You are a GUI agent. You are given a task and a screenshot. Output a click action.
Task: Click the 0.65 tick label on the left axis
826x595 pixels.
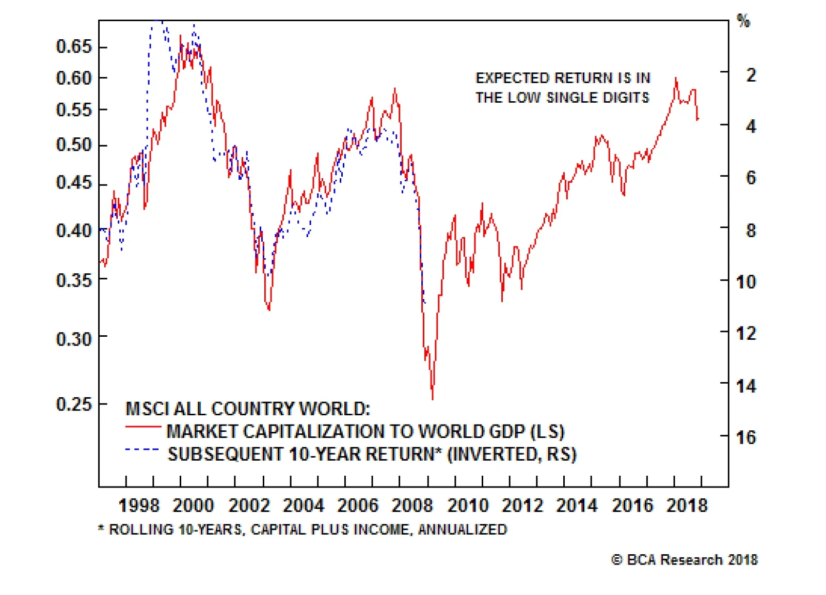(x=73, y=46)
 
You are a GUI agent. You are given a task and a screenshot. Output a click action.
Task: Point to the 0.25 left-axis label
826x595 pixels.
(x=73, y=404)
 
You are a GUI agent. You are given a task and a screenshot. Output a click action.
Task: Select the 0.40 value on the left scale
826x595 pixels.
(x=73, y=230)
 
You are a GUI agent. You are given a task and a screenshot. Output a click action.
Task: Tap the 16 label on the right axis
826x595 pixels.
(x=746, y=437)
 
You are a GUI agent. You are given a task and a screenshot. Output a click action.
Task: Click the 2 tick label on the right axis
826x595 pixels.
(x=751, y=75)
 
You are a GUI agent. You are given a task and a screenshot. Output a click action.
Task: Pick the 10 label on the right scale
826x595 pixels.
(x=746, y=282)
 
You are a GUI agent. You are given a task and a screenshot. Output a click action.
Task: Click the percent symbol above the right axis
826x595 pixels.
(x=743, y=21)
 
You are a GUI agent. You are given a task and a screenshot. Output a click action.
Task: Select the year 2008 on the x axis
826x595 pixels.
(x=412, y=505)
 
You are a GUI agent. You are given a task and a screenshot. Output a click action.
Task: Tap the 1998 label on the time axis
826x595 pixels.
(x=139, y=505)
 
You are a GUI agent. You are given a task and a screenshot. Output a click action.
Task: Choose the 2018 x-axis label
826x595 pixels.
(x=687, y=505)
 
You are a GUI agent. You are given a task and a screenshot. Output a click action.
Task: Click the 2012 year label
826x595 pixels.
(x=522, y=505)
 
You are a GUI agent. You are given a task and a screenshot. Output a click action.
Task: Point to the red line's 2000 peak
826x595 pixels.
(x=180, y=36)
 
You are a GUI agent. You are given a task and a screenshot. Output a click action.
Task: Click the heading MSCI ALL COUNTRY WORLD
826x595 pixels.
(x=248, y=409)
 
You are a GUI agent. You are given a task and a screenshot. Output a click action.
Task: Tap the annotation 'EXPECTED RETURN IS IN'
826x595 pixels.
(x=563, y=78)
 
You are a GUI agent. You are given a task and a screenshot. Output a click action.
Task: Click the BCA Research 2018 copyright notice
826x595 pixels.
(x=685, y=560)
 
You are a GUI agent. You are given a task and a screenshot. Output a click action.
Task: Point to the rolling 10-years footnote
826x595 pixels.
(x=303, y=529)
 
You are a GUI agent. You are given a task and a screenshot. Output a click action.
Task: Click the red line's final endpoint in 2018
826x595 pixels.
(x=698, y=119)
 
